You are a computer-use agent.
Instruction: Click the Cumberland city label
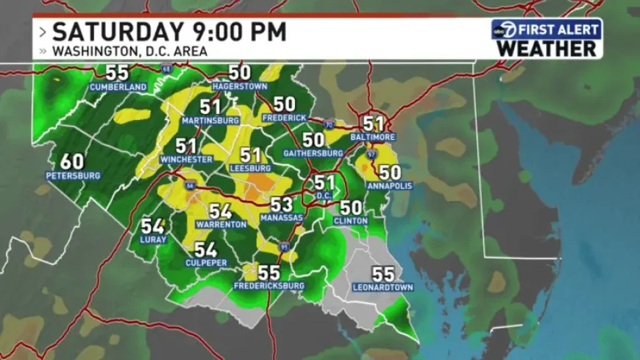tap(118, 87)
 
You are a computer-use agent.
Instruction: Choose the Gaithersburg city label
tap(313, 153)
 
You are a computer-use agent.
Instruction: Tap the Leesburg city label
tap(250, 168)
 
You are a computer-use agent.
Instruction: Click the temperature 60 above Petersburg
tap(72, 161)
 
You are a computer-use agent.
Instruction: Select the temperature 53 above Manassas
tap(281, 205)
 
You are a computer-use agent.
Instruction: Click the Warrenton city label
tap(221, 224)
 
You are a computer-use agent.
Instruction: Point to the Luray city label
tap(153, 239)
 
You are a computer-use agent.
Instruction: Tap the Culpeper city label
tap(206, 263)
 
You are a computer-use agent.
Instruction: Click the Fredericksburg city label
tap(269, 286)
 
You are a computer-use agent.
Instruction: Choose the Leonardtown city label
tap(383, 287)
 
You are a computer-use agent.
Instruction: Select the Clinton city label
tap(350, 220)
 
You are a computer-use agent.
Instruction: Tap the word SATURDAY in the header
tap(116, 32)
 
